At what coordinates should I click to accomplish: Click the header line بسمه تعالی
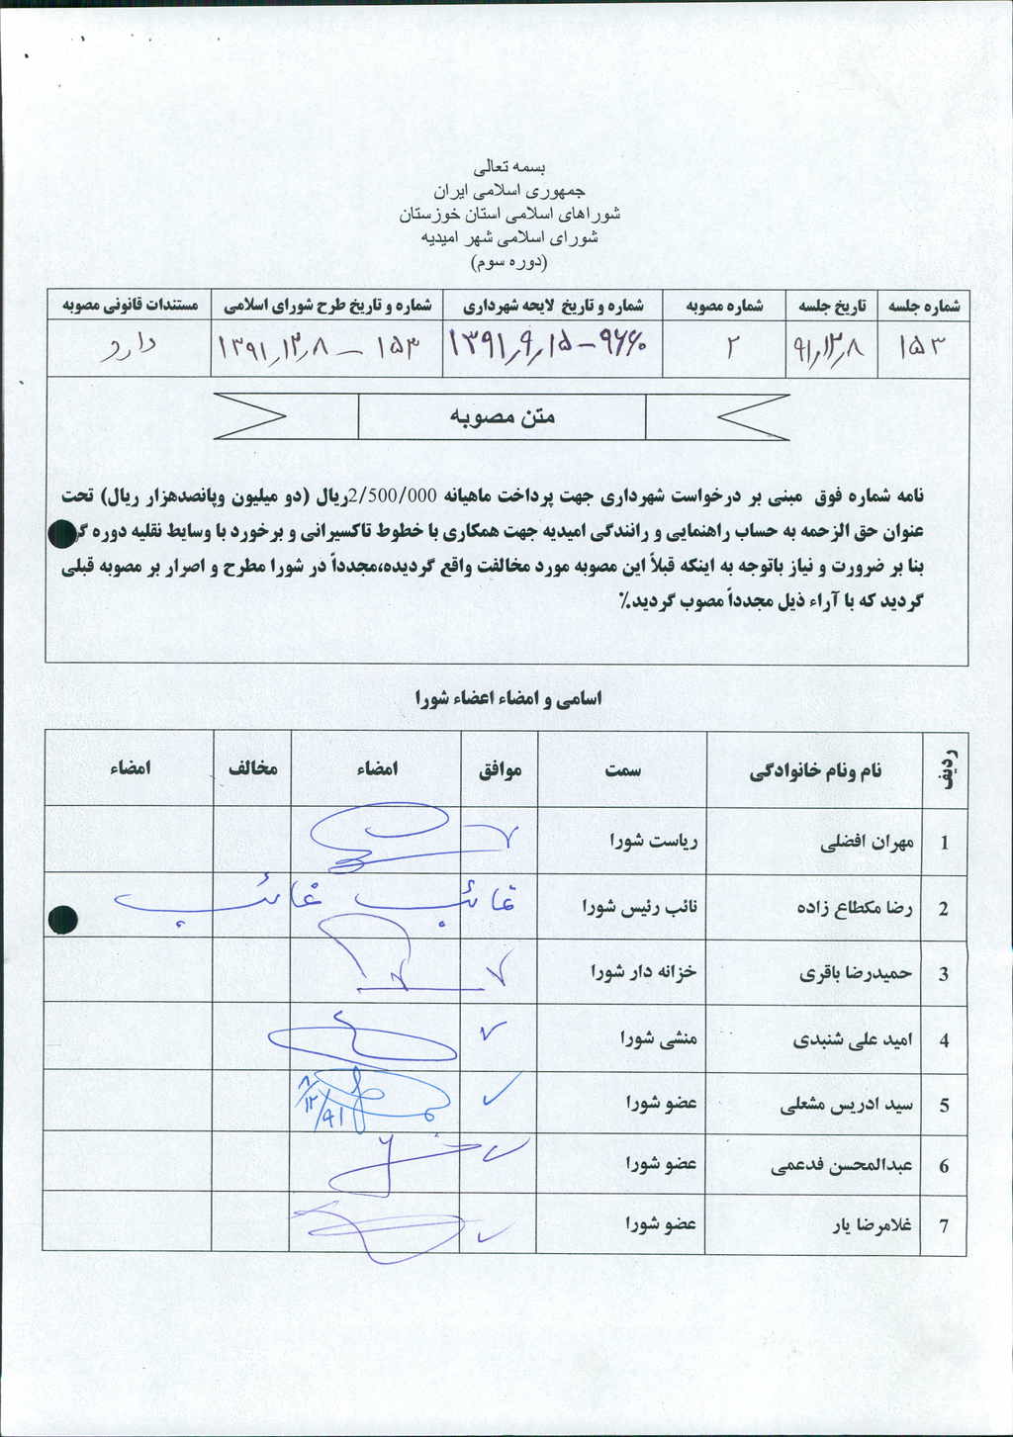click(x=510, y=167)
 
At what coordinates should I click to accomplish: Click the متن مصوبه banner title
click(x=503, y=417)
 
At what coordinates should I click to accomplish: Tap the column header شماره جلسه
click(x=924, y=307)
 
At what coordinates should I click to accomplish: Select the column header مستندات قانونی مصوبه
click(x=130, y=306)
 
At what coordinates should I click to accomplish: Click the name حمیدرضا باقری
click(x=856, y=973)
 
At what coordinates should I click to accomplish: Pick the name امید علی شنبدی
click(x=853, y=1039)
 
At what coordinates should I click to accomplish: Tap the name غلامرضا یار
click(x=871, y=1225)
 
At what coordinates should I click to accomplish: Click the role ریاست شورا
click(x=654, y=843)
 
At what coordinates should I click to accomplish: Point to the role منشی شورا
click(x=659, y=1039)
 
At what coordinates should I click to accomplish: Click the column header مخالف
click(x=253, y=768)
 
